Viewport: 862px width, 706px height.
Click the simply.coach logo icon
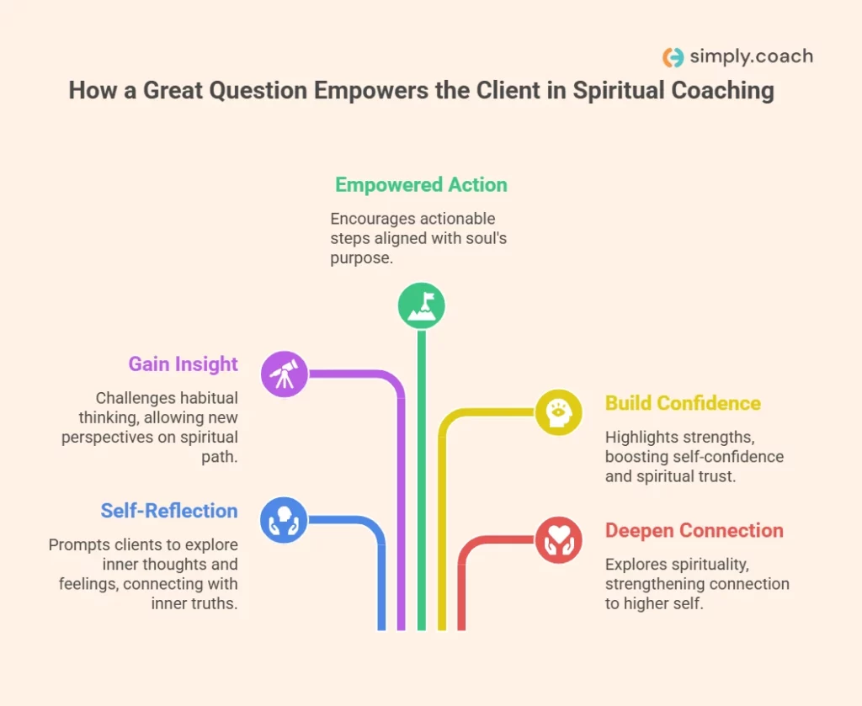coord(673,57)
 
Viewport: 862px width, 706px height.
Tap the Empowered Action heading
coord(421,185)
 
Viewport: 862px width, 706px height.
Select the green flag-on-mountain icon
coord(421,306)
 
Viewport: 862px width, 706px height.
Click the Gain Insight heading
coord(184,364)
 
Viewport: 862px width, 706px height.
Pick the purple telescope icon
coord(285,373)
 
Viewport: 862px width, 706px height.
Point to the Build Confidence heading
coord(683,403)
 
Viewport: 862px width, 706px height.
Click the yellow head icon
coord(558,412)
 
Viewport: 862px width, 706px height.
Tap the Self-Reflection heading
coord(169,511)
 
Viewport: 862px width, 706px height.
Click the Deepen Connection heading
coord(694,531)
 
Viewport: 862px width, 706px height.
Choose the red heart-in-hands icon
coord(558,539)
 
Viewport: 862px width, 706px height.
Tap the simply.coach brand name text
coord(751,57)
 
